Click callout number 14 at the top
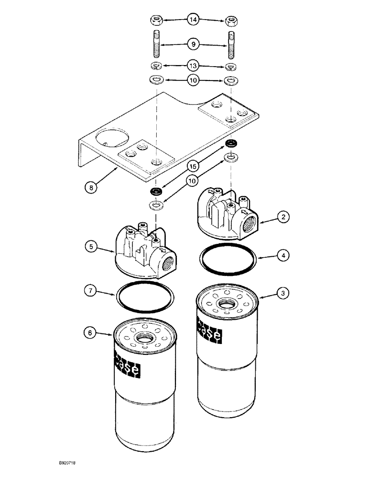[x=193, y=20]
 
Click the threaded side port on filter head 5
[x=168, y=263]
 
